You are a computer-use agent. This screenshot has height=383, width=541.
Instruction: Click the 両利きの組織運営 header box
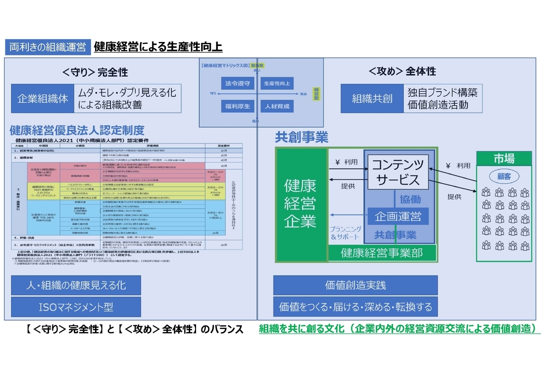pos(48,47)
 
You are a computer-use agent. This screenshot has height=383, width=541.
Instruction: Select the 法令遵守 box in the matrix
pos(238,83)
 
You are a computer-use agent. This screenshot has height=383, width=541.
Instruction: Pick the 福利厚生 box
pos(238,106)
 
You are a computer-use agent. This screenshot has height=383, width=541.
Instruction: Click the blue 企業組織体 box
pos(42,98)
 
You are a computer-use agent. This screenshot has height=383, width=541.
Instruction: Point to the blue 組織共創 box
pos(372,98)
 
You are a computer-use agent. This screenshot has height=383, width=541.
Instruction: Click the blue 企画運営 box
pos(398,217)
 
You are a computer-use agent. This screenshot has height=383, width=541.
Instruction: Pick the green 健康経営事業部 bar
pos(382,253)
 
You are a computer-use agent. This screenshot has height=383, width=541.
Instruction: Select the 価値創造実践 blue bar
pos(355,285)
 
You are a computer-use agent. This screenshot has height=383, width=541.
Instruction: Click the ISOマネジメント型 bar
pos(76,307)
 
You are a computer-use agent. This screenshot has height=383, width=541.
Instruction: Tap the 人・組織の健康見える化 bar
pos(76,285)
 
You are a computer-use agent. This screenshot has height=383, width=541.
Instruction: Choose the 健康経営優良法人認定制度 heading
pos(77,130)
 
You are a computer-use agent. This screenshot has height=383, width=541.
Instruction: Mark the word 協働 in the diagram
pos(410,199)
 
